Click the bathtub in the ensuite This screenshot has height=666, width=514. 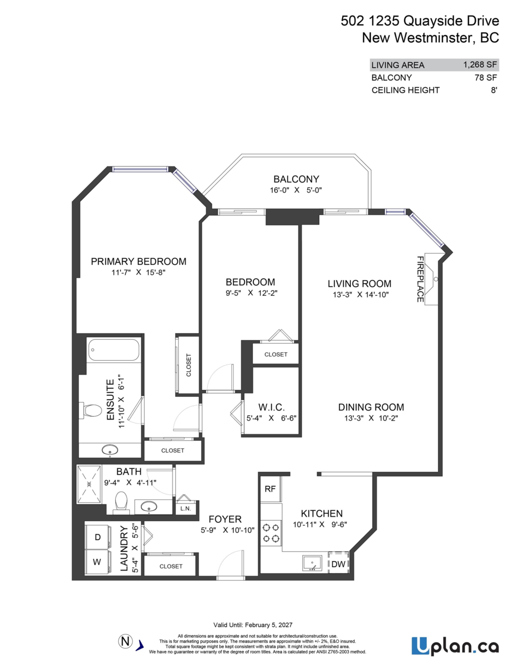pos(113,350)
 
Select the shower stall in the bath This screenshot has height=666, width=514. pos(89,484)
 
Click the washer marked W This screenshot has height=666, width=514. pos(97,562)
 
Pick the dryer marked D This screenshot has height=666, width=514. pos(97,537)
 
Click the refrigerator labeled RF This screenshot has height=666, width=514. pos(270,489)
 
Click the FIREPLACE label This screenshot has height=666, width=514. pos(420,279)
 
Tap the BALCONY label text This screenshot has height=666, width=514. pos(296,179)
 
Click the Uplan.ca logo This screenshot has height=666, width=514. pos(455,646)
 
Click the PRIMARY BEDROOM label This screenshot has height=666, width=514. pos(139,261)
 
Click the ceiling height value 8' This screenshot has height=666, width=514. pos(493,90)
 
